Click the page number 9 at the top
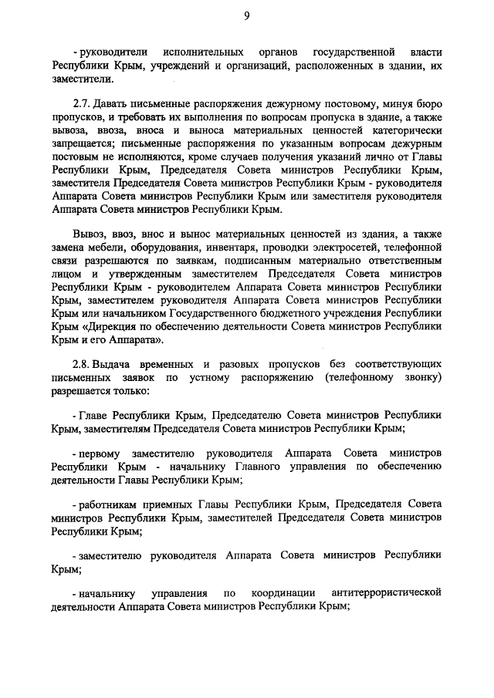click(x=245, y=14)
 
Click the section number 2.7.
click(x=81, y=103)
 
